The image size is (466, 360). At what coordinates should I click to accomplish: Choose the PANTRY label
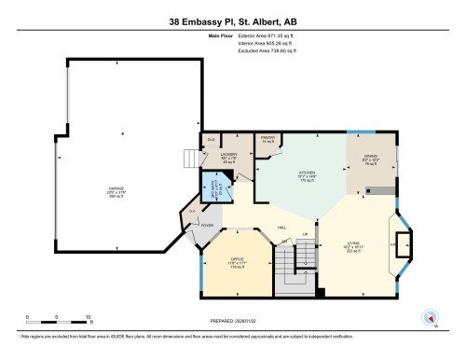pyautogui.click(x=267, y=140)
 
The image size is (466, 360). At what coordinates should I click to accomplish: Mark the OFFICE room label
pyautogui.click(x=237, y=264)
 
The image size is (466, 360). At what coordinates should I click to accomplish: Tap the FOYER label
pyautogui.click(x=207, y=224)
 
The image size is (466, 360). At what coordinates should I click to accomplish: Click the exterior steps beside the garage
pyautogui.click(x=189, y=162)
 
